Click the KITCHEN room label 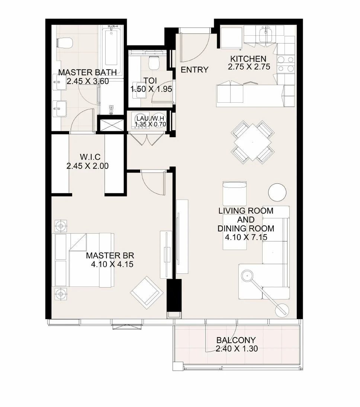coord(248,59)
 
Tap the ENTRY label coord(195,70)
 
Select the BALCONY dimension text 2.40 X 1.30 coord(237,349)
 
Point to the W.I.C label coord(90,157)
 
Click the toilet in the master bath coord(64,43)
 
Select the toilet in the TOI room coord(154,63)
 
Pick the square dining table coord(253,142)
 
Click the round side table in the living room coord(277,192)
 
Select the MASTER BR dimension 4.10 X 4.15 coord(112,264)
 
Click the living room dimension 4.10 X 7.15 coord(246,237)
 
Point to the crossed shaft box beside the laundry coord(112,125)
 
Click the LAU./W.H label coord(150,119)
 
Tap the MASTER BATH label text coord(87,72)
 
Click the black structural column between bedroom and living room coord(174,295)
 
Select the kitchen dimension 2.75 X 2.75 coord(249,67)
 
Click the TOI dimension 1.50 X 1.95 coord(151,89)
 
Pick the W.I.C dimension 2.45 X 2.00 coord(87,166)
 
